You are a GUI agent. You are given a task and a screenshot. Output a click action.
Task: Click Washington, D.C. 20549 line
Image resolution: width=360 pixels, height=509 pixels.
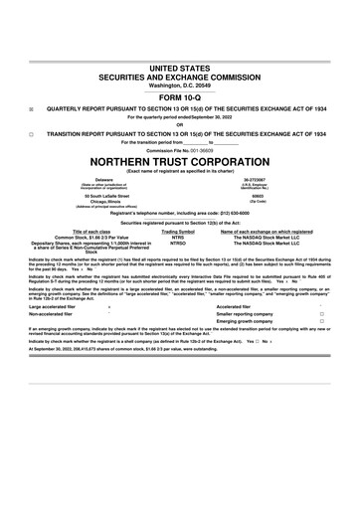(x=179, y=84)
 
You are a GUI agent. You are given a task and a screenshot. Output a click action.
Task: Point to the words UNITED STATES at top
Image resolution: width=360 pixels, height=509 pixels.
(x=179, y=66)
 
